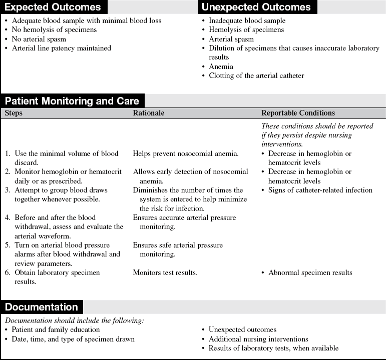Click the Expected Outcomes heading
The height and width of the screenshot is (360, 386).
(x=53, y=7)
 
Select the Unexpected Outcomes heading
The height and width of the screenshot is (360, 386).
(x=256, y=7)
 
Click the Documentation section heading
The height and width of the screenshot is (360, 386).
(x=42, y=307)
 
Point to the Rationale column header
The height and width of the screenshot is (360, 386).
(x=149, y=113)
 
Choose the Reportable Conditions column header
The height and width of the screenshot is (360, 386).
(x=298, y=113)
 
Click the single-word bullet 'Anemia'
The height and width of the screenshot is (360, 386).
(x=221, y=66)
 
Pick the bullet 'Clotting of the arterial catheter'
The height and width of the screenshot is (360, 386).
(x=256, y=75)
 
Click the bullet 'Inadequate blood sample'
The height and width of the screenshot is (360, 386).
(x=247, y=20)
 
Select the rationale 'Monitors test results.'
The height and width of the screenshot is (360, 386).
(x=165, y=272)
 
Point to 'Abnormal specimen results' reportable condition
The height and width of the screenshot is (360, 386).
(x=310, y=272)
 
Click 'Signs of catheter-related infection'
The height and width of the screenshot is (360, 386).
(x=320, y=190)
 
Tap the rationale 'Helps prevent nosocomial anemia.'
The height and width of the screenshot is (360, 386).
(x=186, y=153)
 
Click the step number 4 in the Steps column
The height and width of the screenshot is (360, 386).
(x=7, y=217)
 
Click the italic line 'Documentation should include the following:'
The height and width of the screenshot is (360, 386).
(x=75, y=320)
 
